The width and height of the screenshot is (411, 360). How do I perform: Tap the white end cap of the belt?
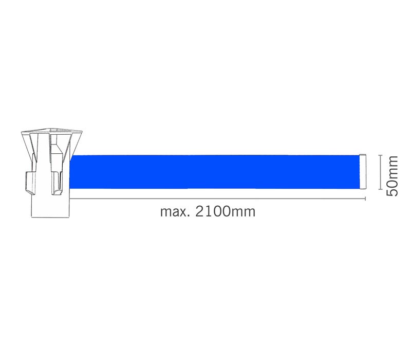pos(363,172)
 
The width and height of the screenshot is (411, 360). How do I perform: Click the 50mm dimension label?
pos(393,175)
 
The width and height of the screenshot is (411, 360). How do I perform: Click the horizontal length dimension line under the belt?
pos(216,198)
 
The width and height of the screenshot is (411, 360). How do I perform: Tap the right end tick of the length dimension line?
pos(365,198)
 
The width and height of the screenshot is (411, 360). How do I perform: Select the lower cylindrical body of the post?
pos(50,206)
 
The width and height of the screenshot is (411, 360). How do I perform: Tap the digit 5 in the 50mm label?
pos(393,191)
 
